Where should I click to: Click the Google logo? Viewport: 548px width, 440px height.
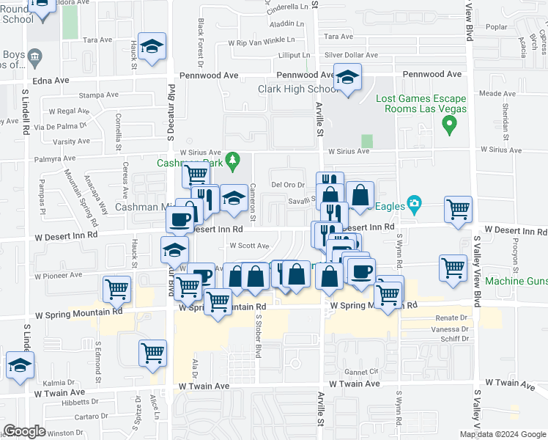pyautogui.click(x=24, y=431)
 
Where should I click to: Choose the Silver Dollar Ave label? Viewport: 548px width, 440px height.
pyautogui.click(x=354, y=55)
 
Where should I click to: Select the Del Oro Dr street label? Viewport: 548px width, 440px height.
pyautogui.click(x=287, y=184)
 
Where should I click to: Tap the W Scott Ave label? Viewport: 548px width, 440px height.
pyautogui.click(x=249, y=246)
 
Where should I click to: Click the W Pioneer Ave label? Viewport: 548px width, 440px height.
pyautogui.click(x=59, y=276)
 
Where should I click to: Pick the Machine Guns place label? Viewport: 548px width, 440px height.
pyautogui.click(x=516, y=282)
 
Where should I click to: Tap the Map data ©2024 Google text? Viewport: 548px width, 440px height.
pyautogui.click(x=503, y=433)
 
